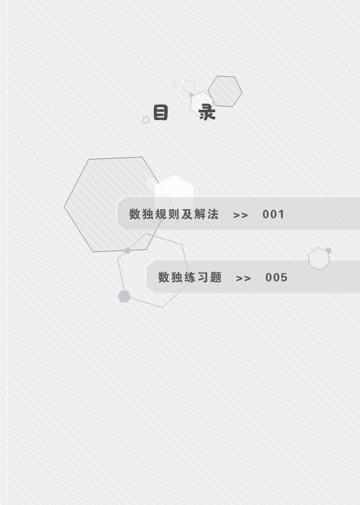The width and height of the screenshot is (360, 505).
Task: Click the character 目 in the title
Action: click(x=160, y=113)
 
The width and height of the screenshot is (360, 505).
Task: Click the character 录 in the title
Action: click(x=207, y=113)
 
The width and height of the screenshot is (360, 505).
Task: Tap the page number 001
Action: click(x=273, y=215)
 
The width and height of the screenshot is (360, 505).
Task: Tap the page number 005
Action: click(x=276, y=278)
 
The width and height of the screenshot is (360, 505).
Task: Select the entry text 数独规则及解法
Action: click(x=174, y=214)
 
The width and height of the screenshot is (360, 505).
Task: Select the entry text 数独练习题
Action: click(x=190, y=277)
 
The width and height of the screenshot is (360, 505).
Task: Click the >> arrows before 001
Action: click(x=241, y=215)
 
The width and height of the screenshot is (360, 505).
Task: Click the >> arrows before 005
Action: click(x=244, y=278)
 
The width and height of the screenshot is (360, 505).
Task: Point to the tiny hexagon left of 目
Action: click(x=146, y=120)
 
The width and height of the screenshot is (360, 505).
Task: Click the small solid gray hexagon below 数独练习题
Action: click(x=124, y=296)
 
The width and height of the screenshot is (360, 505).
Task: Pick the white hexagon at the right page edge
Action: click(x=319, y=259)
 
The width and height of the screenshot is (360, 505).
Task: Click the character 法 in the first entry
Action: click(x=213, y=214)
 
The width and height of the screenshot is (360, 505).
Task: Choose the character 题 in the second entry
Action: click(x=216, y=277)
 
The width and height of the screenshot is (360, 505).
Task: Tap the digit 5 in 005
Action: click(x=284, y=278)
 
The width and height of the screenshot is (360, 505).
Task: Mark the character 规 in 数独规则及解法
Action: click(x=161, y=214)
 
